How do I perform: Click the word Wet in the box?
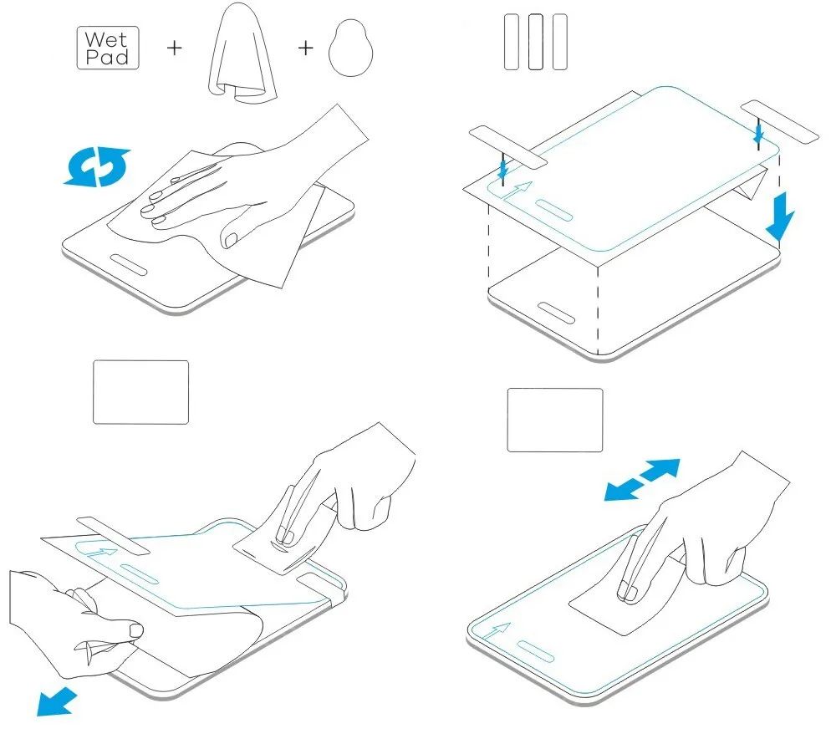pyautogui.click(x=106, y=38)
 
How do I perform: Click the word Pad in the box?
pyautogui.click(x=107, y=57)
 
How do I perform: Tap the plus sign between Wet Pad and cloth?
pyautogui.click(x=175, y=48)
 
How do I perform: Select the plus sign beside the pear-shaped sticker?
pyautogui.click(x=306, y=48)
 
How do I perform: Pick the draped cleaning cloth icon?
pyautogui.click(x=242, y=53)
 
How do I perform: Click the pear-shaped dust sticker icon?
pyautogui.click(x=350, y=48)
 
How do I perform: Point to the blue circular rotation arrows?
pyautogui.click(x=97, y=167)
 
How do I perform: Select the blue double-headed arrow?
pyautogui.click(x=642, y=480)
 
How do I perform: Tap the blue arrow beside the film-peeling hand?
pyautogui.click(x=57, y=701)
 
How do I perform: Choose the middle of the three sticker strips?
pyautogui.click(x=536, y=42)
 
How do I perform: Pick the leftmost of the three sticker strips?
pyautogui.click(x=512, y=42)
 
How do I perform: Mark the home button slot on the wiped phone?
pyautogui.click(x=129, y=264)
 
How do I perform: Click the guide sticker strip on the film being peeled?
pyautogui.click(x=114, y=535)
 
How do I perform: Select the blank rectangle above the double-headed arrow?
pyautogui.click(x=555, y=420)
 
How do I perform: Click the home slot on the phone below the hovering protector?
pyautogui.click(x=556, y=313)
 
